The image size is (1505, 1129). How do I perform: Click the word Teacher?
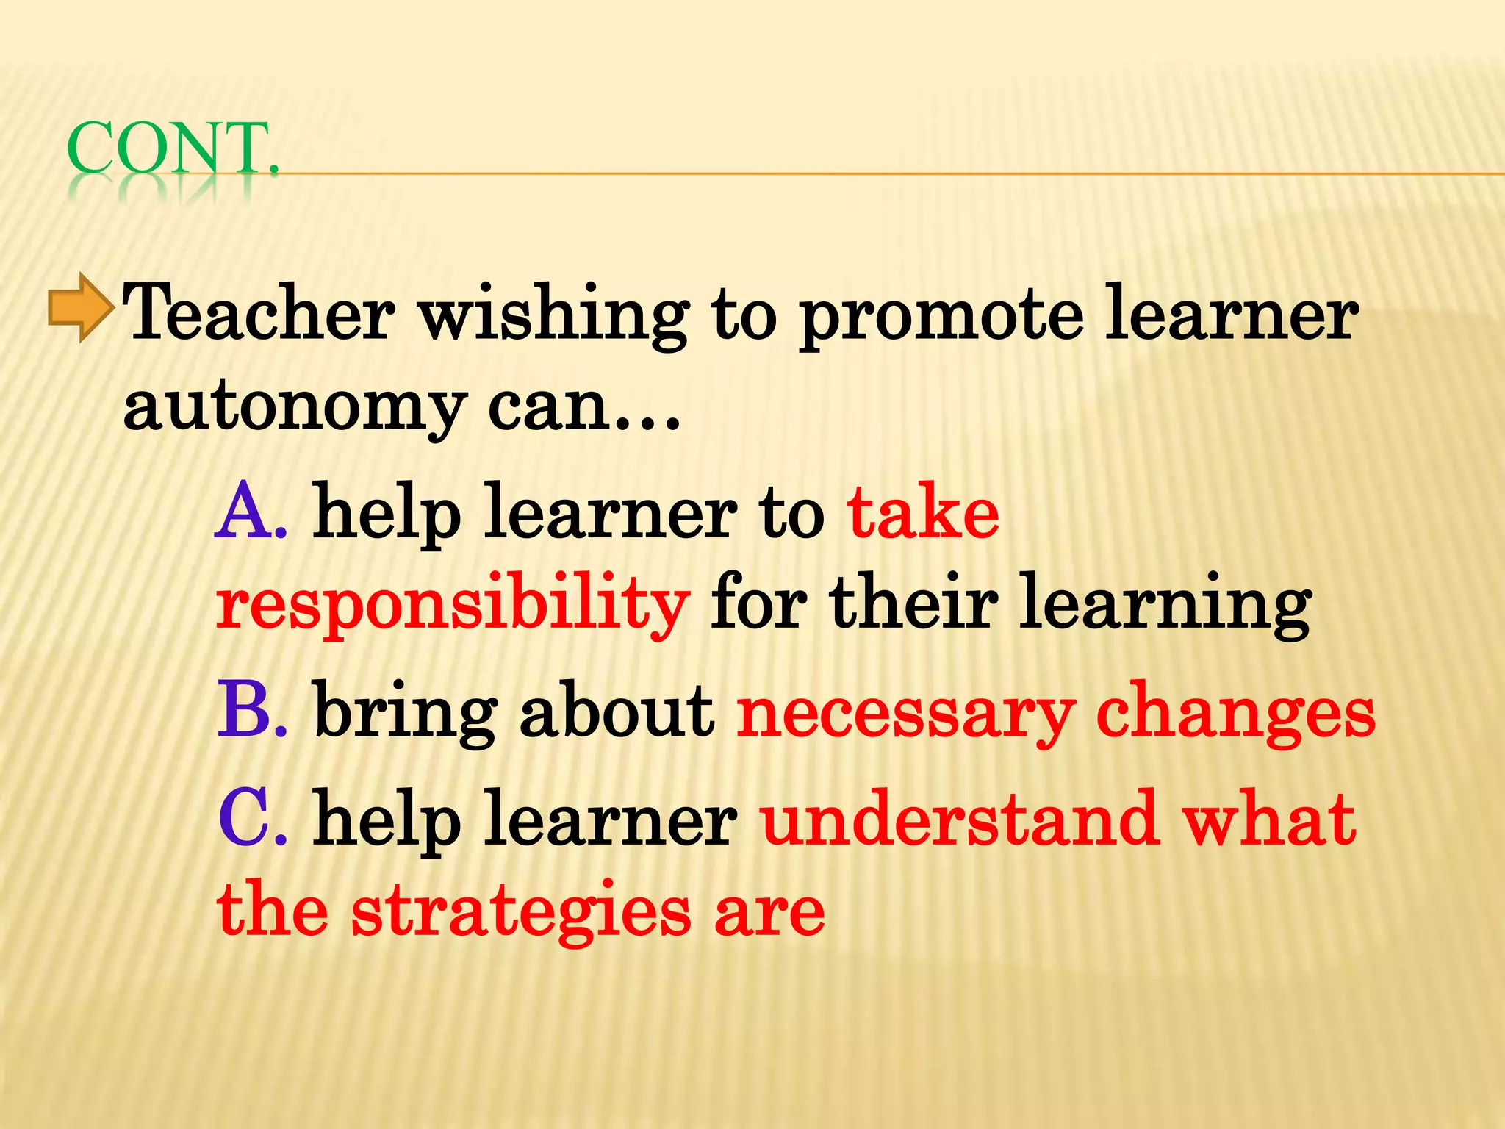[260, 314]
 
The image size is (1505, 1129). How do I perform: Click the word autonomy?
[295, 409]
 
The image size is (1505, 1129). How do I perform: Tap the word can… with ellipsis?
[585, 409]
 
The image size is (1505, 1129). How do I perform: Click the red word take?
[923, 512]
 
